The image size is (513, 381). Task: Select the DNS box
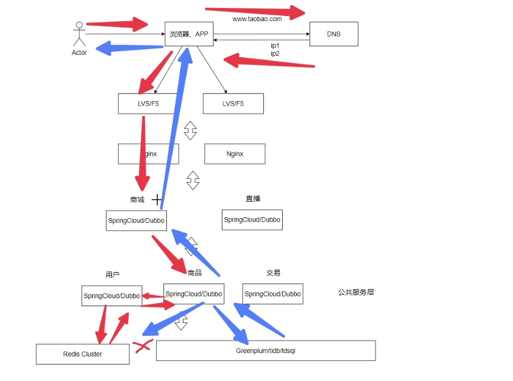tap(334, 34)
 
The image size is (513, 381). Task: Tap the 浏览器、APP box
tap(189, 34)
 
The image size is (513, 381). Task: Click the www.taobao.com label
tap(257, 19)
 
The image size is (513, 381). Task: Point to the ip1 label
tap(275, 45)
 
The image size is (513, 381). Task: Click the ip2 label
tap(275, 53)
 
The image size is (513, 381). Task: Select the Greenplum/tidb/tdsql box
tap(266, 351)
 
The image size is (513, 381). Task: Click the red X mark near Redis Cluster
tap(142, 346)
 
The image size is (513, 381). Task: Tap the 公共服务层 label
tap(356, 292)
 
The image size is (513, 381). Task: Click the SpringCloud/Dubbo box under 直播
tap(252, 219)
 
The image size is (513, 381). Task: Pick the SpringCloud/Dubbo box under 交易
tap(272, 294)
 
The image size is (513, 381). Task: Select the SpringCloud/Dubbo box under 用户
tap(111, 295)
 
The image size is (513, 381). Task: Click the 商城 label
tap(137, 200)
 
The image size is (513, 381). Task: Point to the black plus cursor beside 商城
tap(157, 199)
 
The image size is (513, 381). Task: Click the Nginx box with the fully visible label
tap(235, 154)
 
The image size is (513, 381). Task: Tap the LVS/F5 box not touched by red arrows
tap(233, 103)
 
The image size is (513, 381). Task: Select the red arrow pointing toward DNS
tap(257, 11)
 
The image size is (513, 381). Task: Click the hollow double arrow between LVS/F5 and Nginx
tap(190, 130)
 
